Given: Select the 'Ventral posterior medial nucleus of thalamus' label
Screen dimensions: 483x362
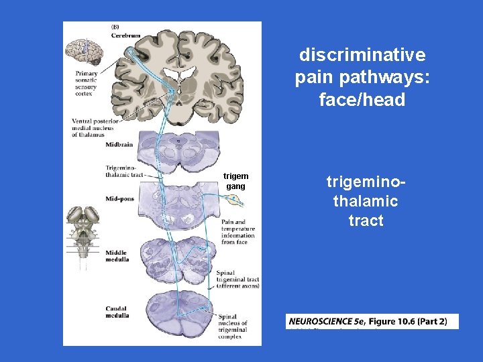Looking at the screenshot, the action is click(95, 127).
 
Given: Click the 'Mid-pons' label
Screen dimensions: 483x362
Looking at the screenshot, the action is click(119, 198).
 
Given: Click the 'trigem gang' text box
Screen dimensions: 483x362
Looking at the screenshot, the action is click(236, 181).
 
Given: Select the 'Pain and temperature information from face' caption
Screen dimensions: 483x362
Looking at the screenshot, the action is click(237, 232).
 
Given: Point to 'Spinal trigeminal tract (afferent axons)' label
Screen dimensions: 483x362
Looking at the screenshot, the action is click(237, 279).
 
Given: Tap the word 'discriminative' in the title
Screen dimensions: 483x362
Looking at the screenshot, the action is click(362, 54).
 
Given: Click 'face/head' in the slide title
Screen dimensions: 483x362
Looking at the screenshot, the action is click(362, 100).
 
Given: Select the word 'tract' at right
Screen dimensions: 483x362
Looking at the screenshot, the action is click(366, 221).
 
